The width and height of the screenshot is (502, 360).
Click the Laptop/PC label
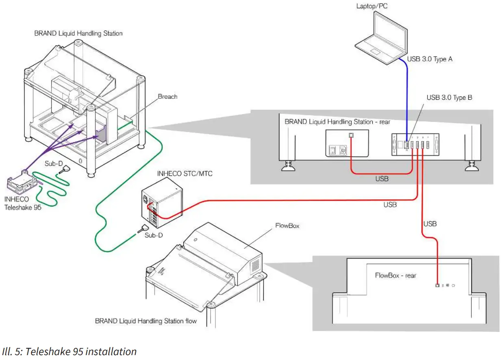(371, 6)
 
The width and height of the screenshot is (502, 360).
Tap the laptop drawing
(380, 39)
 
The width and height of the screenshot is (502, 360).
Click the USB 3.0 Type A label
(430, 59)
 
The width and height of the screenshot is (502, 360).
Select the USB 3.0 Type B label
(449, 98)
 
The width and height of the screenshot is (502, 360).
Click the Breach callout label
(167, 97)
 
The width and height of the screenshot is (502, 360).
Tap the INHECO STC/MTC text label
(185, 174)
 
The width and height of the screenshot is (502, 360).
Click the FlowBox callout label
(287, 225)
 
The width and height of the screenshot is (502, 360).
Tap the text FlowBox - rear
(395, 275)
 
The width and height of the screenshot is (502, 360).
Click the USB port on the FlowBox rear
(437, 285)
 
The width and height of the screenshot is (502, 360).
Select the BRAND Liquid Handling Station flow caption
(146, 321)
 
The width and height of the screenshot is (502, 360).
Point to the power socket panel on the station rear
(347, 143)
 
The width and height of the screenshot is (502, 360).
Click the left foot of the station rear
(288, 164)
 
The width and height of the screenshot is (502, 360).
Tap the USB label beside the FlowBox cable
(430, 224)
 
